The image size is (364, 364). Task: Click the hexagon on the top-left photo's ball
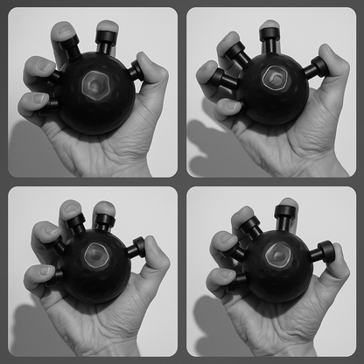(93, 85)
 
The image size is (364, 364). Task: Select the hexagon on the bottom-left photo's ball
(95, 257)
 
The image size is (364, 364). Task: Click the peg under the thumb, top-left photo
(136, 72)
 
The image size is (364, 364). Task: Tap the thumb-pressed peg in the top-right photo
(317, 67)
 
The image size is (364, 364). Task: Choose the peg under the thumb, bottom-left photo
(136, 248)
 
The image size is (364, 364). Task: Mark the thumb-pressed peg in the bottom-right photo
(321, 254)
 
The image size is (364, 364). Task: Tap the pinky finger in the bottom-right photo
(218, 280)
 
